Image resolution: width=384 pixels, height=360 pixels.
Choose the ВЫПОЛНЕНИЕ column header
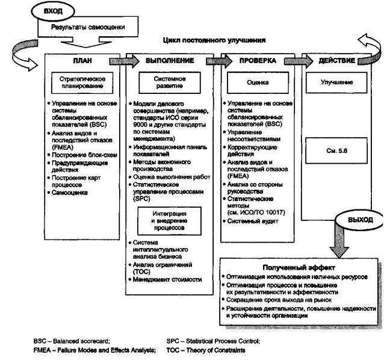[x=169, y=61]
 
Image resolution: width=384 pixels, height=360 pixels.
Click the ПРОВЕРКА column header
[x=257, y=61]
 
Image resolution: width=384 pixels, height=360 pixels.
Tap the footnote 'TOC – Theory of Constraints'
[x=205, y=350]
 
